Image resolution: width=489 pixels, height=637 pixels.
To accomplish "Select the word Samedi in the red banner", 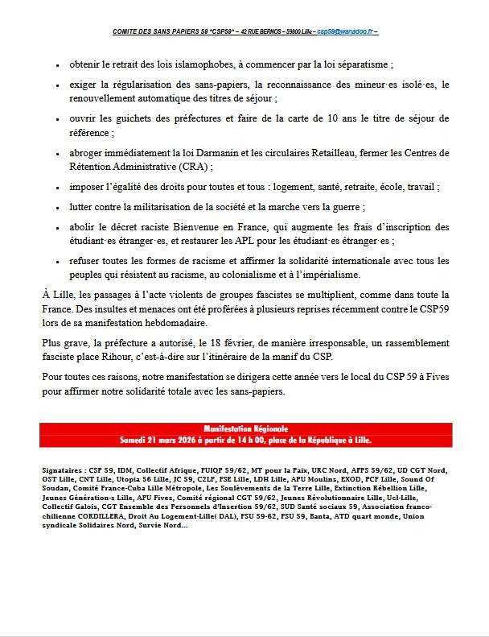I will coord(138,441).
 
